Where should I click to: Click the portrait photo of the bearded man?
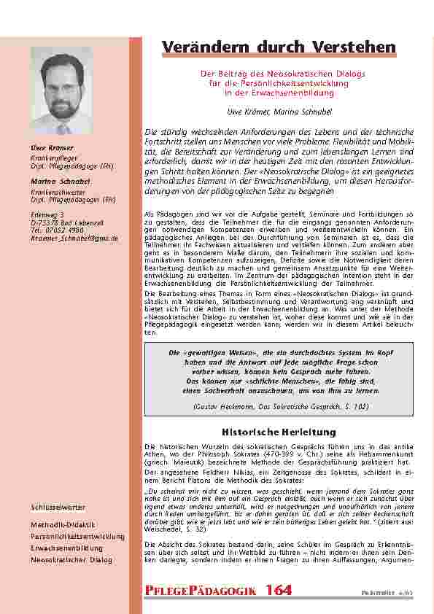tap(62, 90)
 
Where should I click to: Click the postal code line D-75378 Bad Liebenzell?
tap(66, 223)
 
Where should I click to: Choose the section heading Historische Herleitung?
tap(268, 432)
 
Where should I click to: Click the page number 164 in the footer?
tap(279, 590)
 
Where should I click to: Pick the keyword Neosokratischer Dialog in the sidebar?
tap(71, 559)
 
